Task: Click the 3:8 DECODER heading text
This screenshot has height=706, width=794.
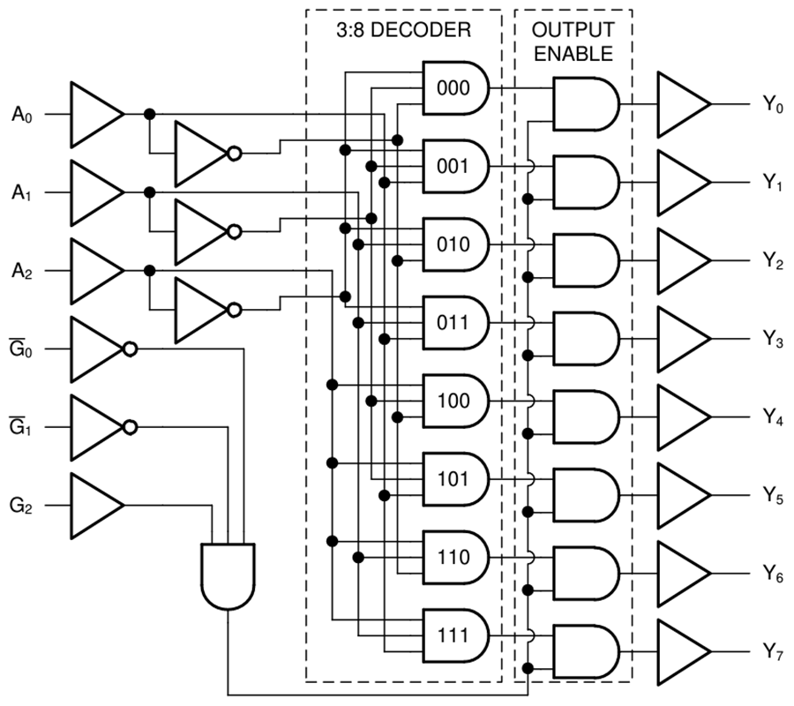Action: click(x=403, y=29)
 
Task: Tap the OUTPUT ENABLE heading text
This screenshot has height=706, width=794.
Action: click(x=573, y=41)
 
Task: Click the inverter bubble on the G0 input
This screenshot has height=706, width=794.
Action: click(x=130, y=349)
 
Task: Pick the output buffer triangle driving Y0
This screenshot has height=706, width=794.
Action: click(x=681, y=104)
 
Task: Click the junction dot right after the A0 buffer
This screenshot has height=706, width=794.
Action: click(x=149, y=114)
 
